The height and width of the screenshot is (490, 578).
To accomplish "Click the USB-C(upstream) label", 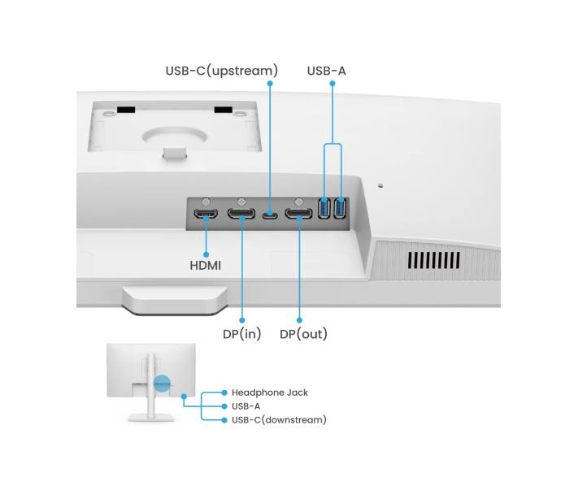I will click(x=221, y=71).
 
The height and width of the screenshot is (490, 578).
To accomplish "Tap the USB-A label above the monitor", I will click(x=326, y=71).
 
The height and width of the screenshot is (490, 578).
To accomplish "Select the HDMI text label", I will click(x=206, y=265).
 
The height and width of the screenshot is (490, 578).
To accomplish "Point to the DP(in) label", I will click(x=242, y=334).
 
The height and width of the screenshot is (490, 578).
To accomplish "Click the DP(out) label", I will click(x=303, y=334).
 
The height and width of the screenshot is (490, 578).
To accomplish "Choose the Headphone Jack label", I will click(x=269, y=392).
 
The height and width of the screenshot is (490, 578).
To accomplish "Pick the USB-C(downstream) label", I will click(x=279, y=420).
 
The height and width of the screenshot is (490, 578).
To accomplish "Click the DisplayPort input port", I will click(x=242, y=215).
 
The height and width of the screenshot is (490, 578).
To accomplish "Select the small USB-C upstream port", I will click(x=271, y=216).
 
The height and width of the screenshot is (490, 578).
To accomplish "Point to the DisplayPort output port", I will click(x=299, y=215).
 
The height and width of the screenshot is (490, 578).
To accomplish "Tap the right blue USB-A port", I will click(x=340, y=208).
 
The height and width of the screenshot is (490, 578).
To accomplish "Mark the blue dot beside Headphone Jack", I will click(x=224, y=392).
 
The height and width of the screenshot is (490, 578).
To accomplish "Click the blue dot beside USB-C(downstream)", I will click(x=224, y=420).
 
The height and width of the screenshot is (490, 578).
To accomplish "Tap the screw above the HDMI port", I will click(x=206, y=200).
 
